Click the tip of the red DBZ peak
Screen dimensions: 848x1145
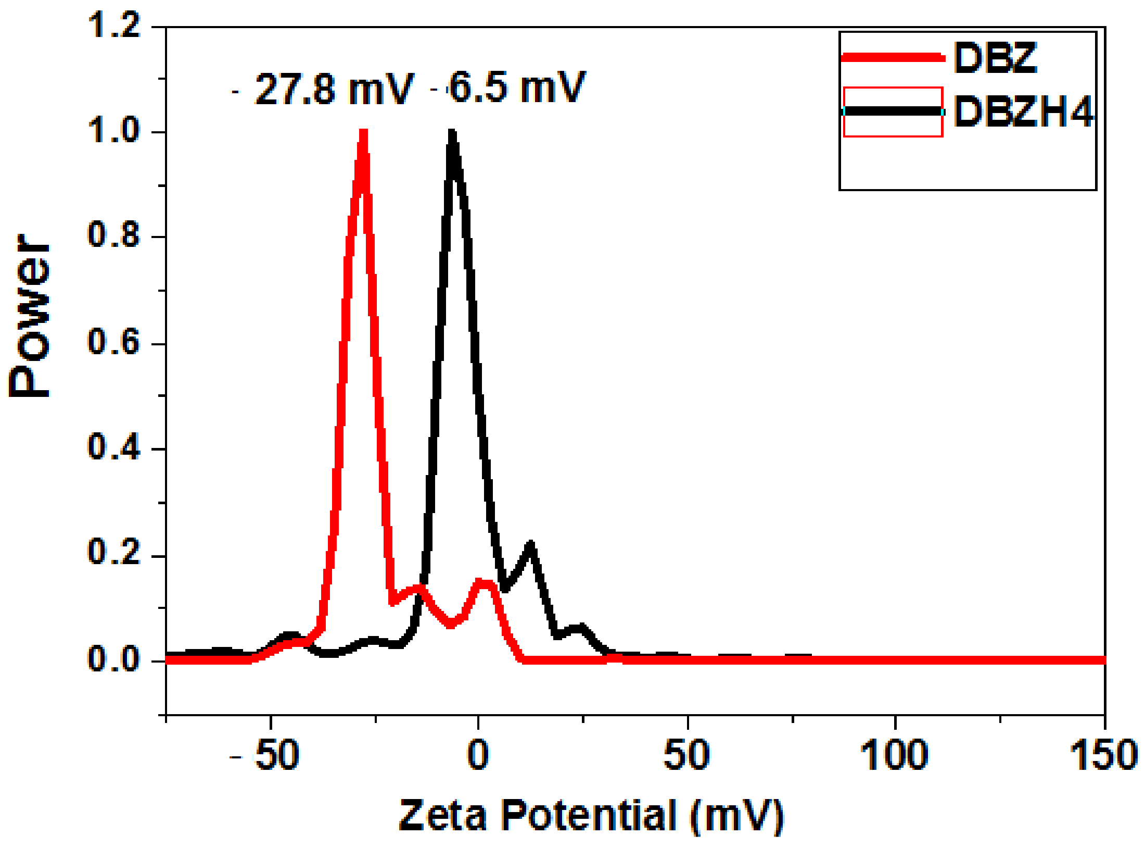363,133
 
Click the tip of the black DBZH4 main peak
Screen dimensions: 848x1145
452,133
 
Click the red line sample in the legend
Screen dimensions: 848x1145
892,58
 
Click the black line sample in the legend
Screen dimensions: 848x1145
892,111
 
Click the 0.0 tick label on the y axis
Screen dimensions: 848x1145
114,658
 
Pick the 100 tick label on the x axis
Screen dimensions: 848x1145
894,755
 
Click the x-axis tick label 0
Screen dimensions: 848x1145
478,755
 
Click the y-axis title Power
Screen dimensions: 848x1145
30,316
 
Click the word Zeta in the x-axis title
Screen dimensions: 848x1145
442,816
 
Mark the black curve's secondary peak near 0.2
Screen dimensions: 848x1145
531,545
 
